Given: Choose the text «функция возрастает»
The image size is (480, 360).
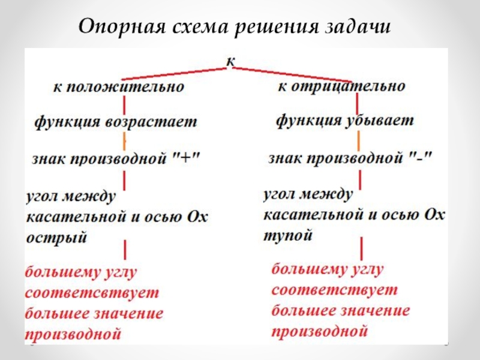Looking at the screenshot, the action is (115, 122).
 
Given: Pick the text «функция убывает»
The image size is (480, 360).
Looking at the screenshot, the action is (344, 120).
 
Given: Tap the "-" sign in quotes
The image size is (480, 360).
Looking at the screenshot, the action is (419, 158).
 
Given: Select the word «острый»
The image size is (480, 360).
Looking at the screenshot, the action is (57, 238).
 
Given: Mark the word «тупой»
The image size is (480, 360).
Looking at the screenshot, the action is (288, 235).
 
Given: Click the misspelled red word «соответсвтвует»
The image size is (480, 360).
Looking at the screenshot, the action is (92, 295).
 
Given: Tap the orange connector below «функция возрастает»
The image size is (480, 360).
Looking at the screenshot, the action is (125, 142).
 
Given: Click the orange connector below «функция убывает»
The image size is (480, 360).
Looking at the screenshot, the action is (359, 140).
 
